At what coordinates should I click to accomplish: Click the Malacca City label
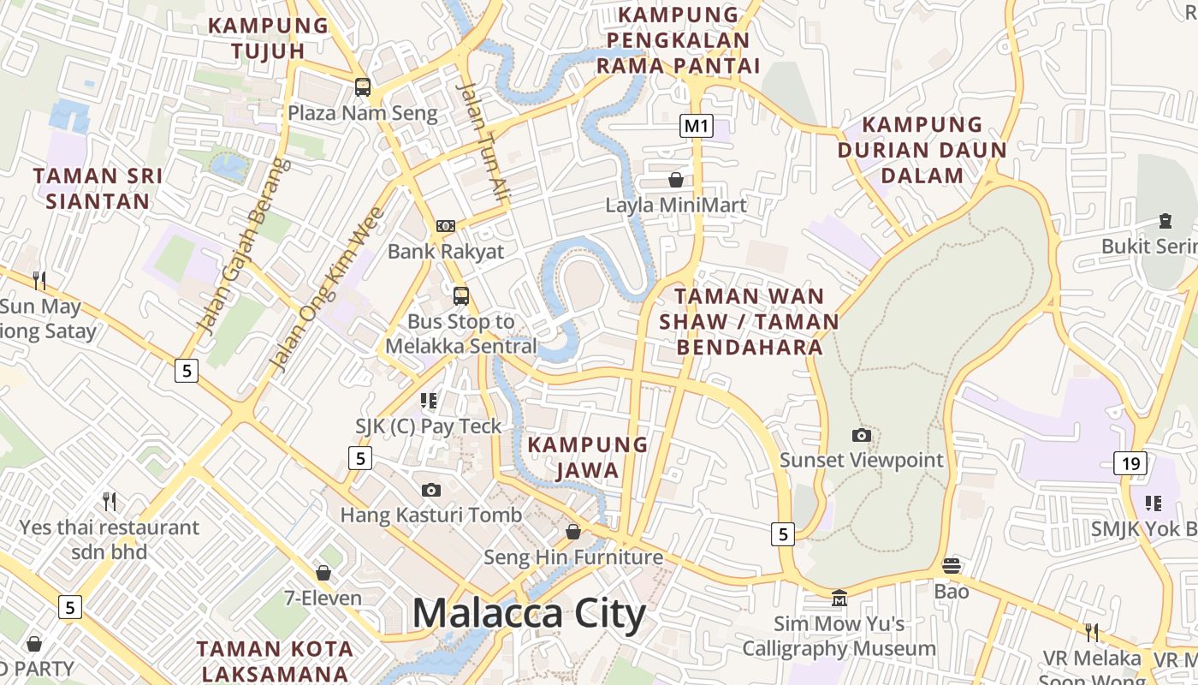pos(529,614)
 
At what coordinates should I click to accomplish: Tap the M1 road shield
pos(697,127)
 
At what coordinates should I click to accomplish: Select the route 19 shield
pos(1130,464)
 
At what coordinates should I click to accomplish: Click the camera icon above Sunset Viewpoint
pos(862,435)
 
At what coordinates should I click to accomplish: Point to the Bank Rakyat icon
pos(446,226)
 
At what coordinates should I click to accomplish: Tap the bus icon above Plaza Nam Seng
pos(363,86)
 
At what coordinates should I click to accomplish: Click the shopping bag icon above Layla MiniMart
pos(676,180)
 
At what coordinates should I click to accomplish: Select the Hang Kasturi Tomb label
pos(430,515)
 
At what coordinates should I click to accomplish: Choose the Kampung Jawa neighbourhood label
pos(587,457)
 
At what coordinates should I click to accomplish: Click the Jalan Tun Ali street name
pos(483,141)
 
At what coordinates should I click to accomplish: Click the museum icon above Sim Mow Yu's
pos(839,598)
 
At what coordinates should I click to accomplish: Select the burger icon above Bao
pos(951,565)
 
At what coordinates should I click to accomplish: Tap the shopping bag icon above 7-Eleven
pos(323,572)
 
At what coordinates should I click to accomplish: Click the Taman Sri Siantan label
pos(98,188)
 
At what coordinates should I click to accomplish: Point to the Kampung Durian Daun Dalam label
pos(922,150)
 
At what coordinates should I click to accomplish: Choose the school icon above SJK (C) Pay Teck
pos(429,401)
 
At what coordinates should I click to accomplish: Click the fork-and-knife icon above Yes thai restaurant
pos(109,501)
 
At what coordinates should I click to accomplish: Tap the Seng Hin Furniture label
pos(573,557)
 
